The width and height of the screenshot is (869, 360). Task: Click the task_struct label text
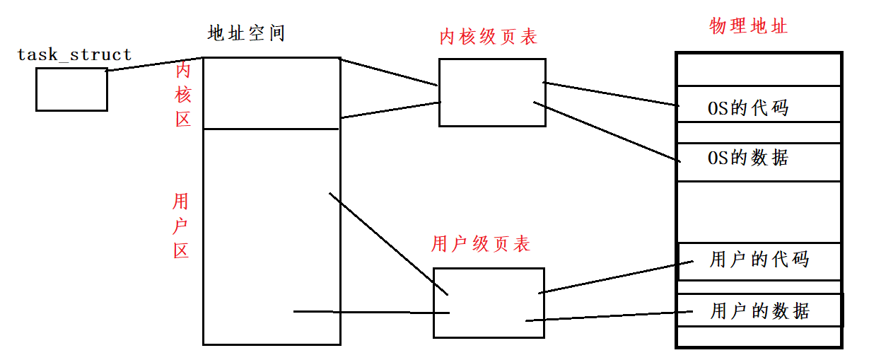click(74, 54)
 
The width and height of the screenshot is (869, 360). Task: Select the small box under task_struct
click(71, 90)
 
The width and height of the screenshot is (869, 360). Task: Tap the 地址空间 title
click(246, 33)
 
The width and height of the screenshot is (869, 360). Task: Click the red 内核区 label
click(183, 94)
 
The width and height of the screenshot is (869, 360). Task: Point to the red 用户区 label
click(182, 226)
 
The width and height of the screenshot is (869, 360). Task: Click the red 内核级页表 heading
click(488, 37)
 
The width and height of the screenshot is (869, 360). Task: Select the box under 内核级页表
click(492, 93)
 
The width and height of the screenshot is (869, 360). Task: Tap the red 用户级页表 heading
click(480, 245)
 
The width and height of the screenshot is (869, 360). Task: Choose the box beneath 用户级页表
click(489, 303)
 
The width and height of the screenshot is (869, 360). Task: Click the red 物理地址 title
click(748, 27)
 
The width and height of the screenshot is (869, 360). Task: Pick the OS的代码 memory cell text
click(748, 108)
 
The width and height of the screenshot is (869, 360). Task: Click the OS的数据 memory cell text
click(748, 157)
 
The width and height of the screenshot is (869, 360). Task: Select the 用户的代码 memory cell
click(759, 260)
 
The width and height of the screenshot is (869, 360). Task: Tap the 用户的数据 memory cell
click(759, 311)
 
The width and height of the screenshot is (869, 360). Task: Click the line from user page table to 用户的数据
click(601, 317)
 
